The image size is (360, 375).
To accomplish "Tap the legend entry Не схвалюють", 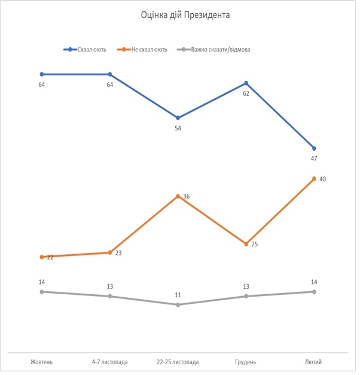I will pos(147,50).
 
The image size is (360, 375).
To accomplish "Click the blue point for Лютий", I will pos(314,148).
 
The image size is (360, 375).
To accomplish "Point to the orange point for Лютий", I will pos(314,178).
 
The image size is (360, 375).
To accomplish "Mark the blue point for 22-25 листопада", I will pos(178,118).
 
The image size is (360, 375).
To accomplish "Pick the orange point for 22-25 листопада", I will pos(178,196).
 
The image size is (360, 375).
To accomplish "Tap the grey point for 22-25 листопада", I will pos(178,305).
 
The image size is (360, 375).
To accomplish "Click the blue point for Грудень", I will pos(246,83).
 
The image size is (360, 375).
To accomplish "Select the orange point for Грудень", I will pos(246,244).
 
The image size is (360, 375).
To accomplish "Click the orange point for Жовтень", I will pos(41,257).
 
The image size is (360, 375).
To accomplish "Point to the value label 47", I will pos(314,158).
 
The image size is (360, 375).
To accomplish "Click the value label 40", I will pos(322,179).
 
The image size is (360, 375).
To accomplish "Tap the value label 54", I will pos(178,128).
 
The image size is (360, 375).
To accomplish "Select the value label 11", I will pos(178,295).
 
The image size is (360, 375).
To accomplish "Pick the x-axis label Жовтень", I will pos(41,362).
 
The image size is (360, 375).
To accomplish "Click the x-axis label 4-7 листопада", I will pos(109,362).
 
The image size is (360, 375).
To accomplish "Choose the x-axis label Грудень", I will pos(246,362).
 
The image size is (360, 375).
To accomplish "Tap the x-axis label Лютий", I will pos(314,362).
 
